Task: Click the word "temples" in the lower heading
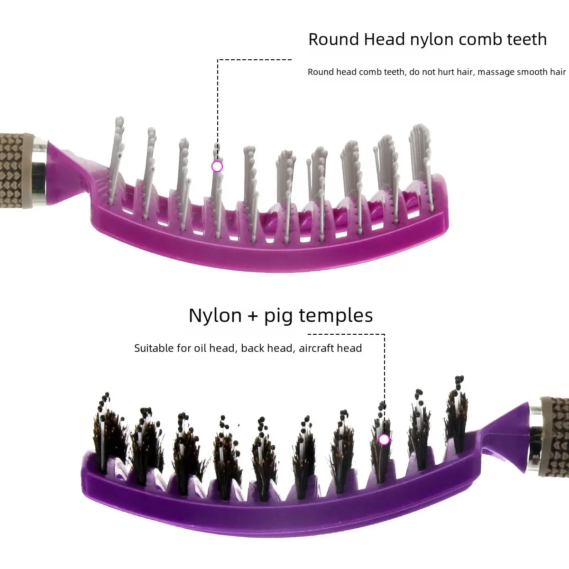336,316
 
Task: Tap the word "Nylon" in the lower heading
215,316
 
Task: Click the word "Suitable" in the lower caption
154,349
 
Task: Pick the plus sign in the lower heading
253,316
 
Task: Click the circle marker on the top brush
217,167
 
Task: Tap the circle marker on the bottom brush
384,440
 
